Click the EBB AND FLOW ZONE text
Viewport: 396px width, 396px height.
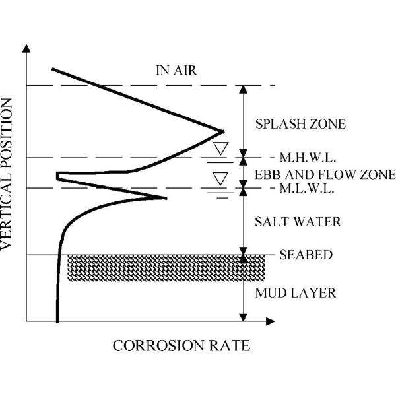coord(324,174)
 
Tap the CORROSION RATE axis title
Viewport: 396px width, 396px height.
coord(182,346)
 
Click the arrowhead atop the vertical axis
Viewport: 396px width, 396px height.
coord(26,49)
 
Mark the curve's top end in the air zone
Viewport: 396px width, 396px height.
coord(52,69)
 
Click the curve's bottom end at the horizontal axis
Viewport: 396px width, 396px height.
coord(58,321)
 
